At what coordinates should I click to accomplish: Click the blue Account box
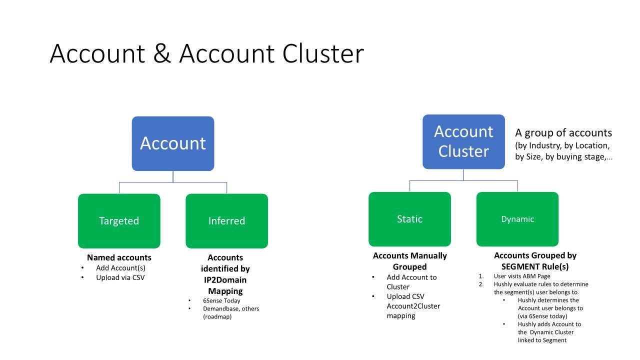point(173,143)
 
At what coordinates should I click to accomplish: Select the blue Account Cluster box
point(463,141)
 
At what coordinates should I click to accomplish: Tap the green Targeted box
point(119,221)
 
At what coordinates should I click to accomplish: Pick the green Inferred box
point(226,221)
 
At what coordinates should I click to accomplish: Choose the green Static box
point(409,219)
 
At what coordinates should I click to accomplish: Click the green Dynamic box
point(517,219)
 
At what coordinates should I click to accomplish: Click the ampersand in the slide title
point(162,53)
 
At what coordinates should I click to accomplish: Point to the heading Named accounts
point(119,257)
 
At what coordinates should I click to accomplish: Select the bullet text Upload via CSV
point(120,277)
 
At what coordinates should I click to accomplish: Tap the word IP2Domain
point(225,280)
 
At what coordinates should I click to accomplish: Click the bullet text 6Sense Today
point(221,300)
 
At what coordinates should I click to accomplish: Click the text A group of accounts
point(563,133)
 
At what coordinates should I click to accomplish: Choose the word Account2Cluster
point(413,306)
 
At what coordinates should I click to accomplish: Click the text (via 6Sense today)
point(542,316)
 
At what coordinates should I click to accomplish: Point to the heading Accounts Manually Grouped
point(409,261)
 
